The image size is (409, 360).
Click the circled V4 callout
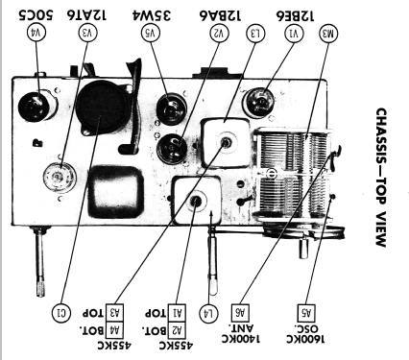[x=37, y=33]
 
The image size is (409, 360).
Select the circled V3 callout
[x=88, y=33]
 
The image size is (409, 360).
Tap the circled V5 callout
[x=151, y=33]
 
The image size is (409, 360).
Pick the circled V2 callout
[x=219, y=33]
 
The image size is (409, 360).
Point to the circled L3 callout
[x=255, y=33]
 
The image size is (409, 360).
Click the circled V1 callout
[x=294, y=33]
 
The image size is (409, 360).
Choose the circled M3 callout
[x=328, y=34]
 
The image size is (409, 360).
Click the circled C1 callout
[x=60, y=312]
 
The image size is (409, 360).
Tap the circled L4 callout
[x=208, y=313]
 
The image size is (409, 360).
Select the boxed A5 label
[x=306, y=313]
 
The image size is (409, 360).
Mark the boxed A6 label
[x=240, y=313]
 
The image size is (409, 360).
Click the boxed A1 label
[x=177, y=313]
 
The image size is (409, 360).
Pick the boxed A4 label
[x=114, y=331]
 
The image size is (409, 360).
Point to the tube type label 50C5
[x=36, y=14]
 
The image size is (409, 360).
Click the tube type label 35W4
[x=152, y=14]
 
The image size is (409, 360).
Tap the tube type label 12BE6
[x=295, y=15]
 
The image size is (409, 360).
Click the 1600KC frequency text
[x=305, y=339]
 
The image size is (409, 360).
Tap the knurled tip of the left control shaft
[x=41, y=289]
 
